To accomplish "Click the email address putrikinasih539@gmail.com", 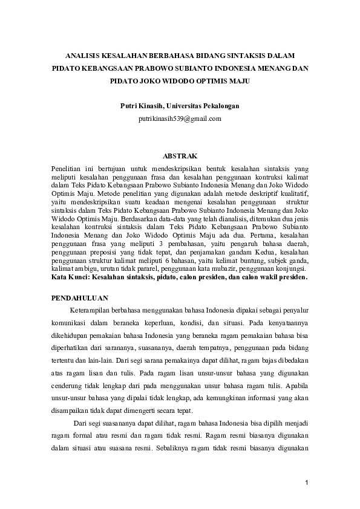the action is [180, 118].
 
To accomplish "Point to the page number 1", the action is [307, 482].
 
